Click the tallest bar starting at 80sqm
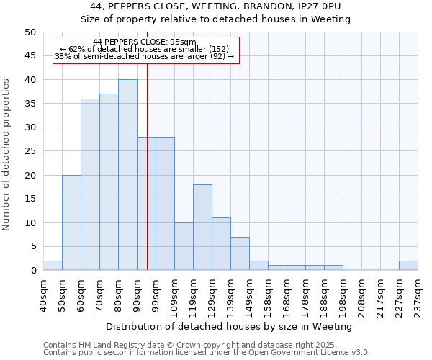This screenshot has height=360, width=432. [x=127, y=175]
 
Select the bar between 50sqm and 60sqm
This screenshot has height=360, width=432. [x=71, y=222]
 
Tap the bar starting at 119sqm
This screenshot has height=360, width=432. [x=202, y=228]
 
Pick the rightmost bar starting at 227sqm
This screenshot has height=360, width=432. [x=408, y=266]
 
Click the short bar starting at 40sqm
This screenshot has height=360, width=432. [x=53, y=266]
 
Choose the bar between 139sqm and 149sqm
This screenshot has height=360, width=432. [x=240, y=253]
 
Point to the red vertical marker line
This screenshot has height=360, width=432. [x=147, y=180]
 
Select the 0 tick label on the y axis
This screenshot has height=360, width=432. [x=32, y=271]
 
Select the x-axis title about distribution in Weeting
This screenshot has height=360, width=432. [x=228, y=326]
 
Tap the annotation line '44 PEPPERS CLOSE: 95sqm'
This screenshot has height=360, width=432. [x=145, y=42]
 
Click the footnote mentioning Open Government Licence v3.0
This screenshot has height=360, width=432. [x=207, y=353]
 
